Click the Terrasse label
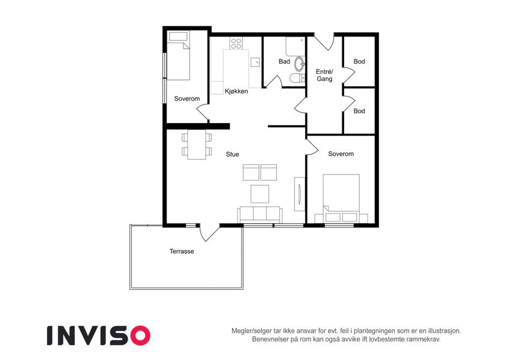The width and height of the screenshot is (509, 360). [182, 251]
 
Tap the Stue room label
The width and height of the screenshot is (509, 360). [233, 154]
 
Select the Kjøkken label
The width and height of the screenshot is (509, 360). [236, 91]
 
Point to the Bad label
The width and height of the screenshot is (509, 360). [284, 61]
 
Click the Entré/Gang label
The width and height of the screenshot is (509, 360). [324, 76]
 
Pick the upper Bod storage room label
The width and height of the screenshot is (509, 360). [359, 61]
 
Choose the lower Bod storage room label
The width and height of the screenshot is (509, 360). [359, 111]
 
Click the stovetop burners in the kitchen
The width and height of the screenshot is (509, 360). [236, 44]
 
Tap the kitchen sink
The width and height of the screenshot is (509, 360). [255, 62]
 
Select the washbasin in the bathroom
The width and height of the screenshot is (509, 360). [299, 64]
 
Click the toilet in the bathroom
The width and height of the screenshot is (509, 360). [297, 79]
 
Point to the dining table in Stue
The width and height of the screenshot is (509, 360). [197, 145]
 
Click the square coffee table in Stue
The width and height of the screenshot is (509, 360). [260, 194]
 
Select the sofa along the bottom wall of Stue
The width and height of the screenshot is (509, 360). [260, 214]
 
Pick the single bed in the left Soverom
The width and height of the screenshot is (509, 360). [178, 56]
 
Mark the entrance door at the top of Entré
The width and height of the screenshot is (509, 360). [324, 41]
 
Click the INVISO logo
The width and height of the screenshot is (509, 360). [99, 335]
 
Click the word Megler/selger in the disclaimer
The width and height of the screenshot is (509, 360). [249, 331]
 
